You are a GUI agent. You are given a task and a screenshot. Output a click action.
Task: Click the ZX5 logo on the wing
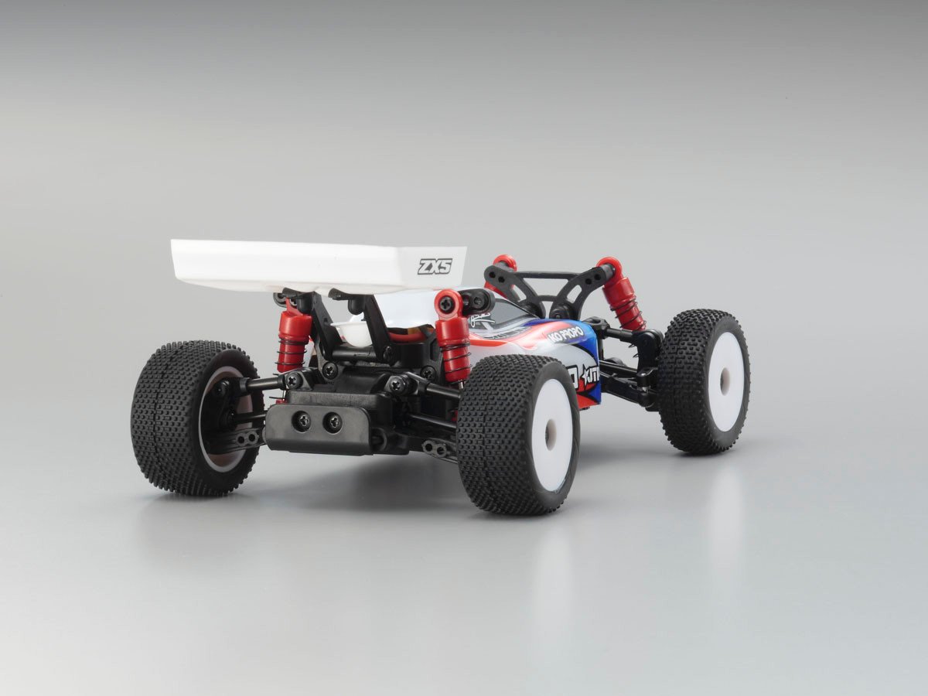coord(435,267)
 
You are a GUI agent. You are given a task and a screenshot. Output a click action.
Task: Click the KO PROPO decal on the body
coord(565,334)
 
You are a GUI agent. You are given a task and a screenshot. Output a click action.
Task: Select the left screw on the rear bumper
coord(302,420)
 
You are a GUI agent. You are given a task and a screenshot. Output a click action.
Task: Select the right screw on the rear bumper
coord(333,422)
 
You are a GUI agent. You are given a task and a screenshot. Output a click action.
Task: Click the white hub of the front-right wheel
coord(725,381)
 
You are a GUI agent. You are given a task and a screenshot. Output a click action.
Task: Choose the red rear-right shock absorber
coord(452,336)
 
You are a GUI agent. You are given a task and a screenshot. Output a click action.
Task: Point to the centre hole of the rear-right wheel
coord(549,437)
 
